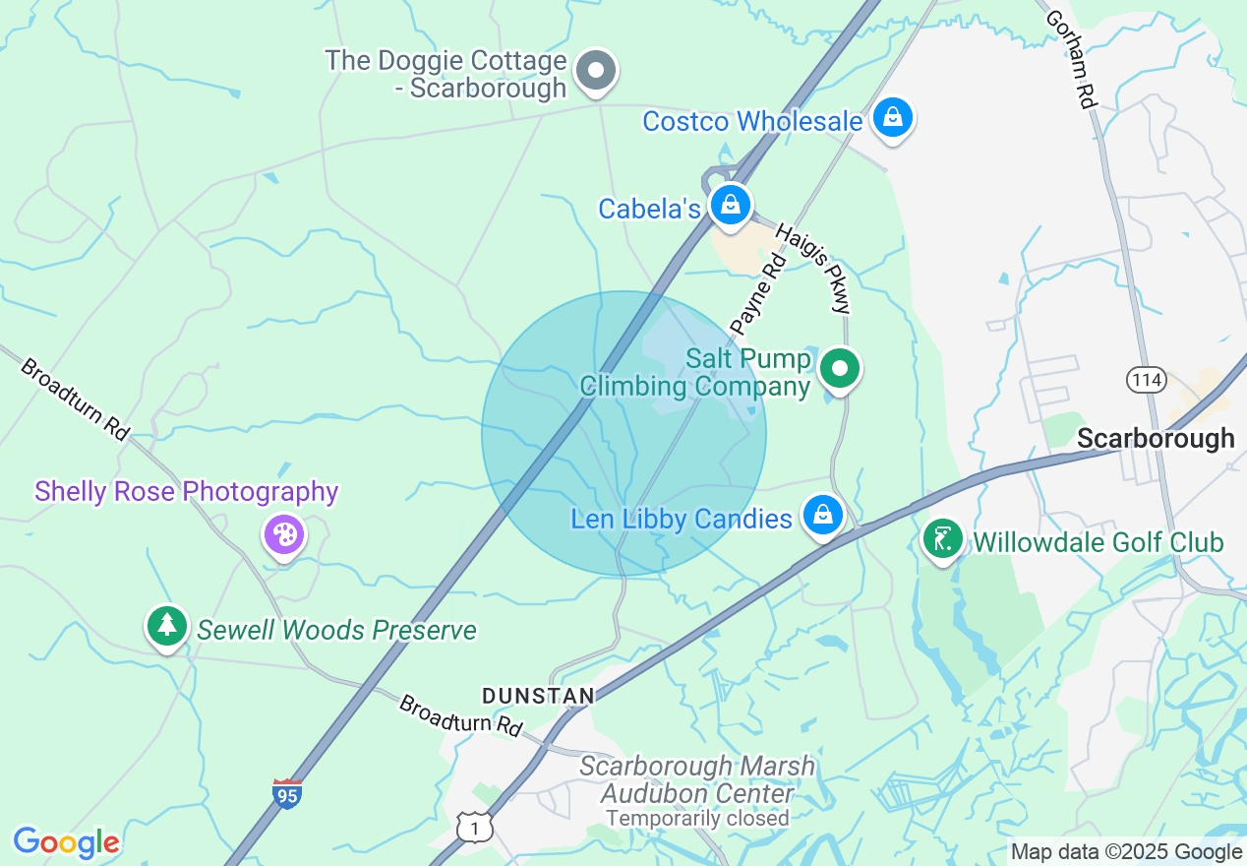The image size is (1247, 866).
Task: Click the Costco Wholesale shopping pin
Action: [x=892, y=118]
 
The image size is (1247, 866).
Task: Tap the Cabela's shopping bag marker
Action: [x=731, y=206]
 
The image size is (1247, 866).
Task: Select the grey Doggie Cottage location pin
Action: [x=595, y=72]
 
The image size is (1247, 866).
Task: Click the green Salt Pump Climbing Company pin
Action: [x=840, y=370]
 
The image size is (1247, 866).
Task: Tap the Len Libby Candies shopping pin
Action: [x=823, y=515]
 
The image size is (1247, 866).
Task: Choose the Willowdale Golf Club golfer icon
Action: [x=943, y=539]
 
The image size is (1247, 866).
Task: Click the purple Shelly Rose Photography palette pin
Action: [x=284, y=535]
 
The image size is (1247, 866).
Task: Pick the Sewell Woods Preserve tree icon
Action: [x=167, y=626]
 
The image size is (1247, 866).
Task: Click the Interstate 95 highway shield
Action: [x=286, y=793]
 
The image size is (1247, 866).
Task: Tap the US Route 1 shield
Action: [x=476, y=828]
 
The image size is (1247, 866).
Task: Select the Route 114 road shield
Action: [x=1147, y=380]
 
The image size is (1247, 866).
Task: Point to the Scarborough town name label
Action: [x=1156, y=439]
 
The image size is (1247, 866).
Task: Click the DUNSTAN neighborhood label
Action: [x=538, y=697]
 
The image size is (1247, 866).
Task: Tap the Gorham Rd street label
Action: [x=1070, y=59]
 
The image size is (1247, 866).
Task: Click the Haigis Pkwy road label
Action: [x=812, y=268]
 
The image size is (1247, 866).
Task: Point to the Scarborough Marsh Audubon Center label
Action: [x=697, y=779]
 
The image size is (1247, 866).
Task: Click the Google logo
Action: [x=66, y=842]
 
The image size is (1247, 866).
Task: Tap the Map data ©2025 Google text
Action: [x=1127, y=852]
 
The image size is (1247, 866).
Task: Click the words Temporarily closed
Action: [x=697, y=818]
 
